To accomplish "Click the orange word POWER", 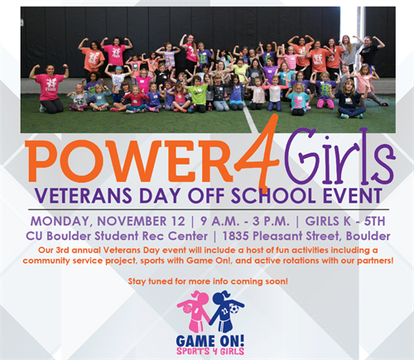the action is pyautogui.click(x=129, y=161).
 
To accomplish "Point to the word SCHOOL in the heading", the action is pyautogui.click(x=274, y=195).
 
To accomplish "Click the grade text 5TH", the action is pyautogui.click(x=374, y=221).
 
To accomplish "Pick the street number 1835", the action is pyautogui.click(x=236, y=236).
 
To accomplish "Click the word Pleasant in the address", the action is pyautogui.click(x=277, y=236).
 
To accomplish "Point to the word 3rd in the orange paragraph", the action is pyautogui.click(x=63, y=250).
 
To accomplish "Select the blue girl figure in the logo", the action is pyautogui.click(x=226, y=311).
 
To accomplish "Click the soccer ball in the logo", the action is pyautogui.click(x=234, y=309).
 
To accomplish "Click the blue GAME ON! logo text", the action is pyautogui.click(x=210, y=341).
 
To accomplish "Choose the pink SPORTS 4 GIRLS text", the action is pyautogui.click(x=210, y=351).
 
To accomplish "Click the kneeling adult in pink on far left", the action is pyautogui.click(x=51, y=89).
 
